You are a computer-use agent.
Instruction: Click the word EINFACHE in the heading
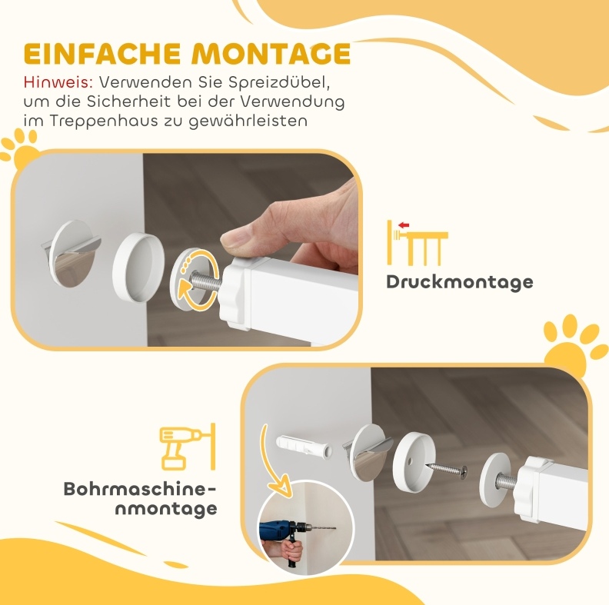click(102, 53)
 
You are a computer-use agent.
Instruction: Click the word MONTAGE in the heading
click(271, 53)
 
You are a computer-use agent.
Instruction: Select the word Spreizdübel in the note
click(279, 82)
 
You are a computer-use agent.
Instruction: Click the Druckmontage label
click(460, 282)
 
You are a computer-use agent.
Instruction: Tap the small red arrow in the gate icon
click(404, 224)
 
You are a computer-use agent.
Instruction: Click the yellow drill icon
click(187, 447)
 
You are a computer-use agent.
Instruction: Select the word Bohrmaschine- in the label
click(139, 489)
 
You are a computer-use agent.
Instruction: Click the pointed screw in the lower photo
click(447, 469)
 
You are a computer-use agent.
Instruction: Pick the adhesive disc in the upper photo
click(71, 254)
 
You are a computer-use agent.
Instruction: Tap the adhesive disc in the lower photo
click(368, 452)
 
